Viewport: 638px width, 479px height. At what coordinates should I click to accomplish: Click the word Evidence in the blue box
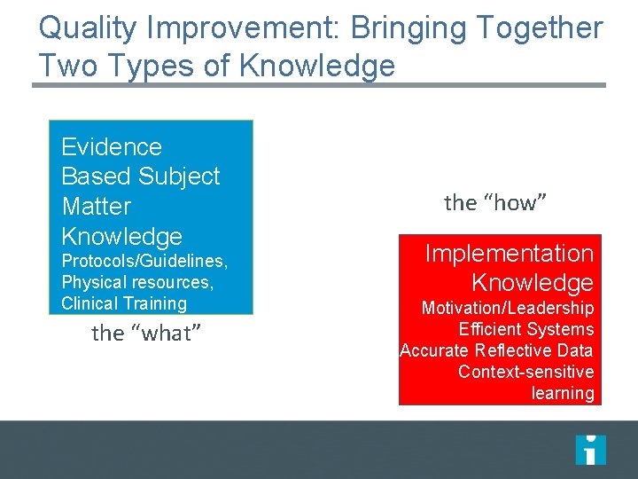pos(112,146)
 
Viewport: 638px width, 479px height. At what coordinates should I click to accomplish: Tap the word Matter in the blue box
pos(97,207)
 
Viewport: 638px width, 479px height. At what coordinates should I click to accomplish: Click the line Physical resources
pos(136,282)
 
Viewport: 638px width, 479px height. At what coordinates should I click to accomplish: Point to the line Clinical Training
pos(124,303)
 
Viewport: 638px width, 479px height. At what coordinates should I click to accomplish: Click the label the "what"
pos(147,334)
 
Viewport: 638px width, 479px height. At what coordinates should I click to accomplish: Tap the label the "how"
pos(495,203)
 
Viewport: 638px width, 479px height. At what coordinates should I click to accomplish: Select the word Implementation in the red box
pos(510,254)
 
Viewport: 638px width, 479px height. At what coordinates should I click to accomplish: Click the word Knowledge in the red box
pos(532,283)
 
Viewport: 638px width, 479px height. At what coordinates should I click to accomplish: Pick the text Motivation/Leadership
pos(508,309)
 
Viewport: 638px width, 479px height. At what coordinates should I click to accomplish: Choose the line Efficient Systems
pos(526,329)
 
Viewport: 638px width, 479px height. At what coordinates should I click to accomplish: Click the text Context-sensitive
pos(525,372)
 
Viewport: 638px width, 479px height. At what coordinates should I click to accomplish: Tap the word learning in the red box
pos(563,393)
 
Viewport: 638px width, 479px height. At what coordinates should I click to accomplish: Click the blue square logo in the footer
pos(590,450)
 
